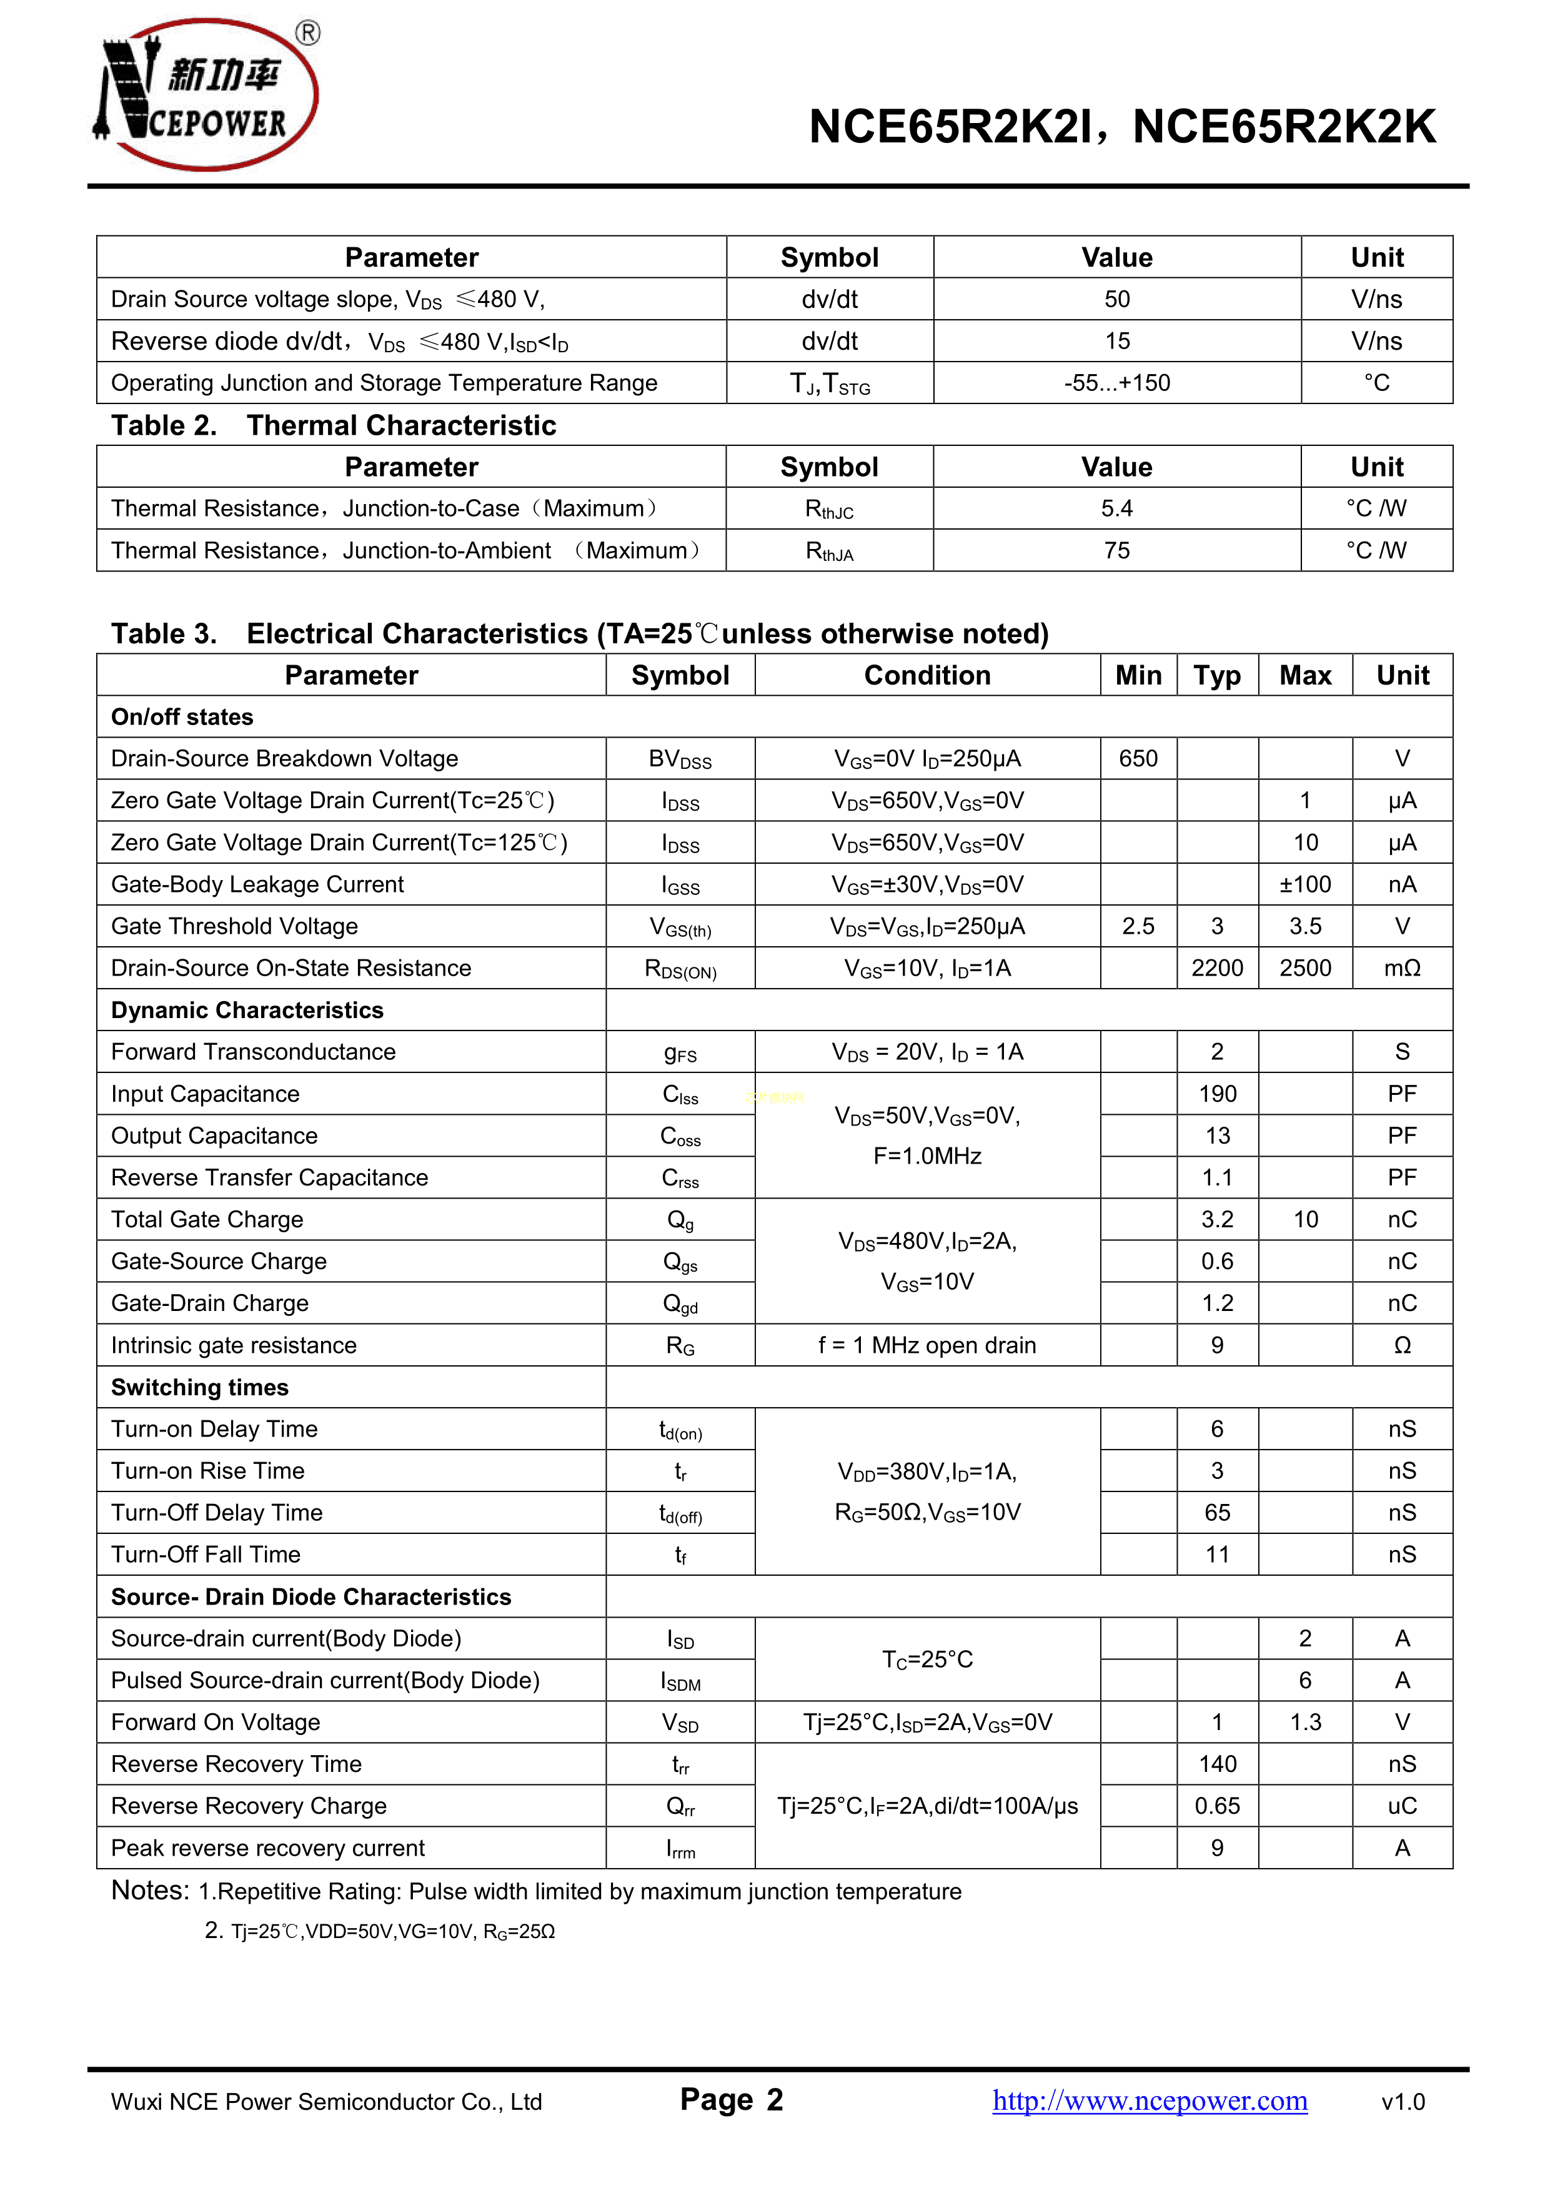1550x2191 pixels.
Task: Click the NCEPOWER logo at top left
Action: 205,94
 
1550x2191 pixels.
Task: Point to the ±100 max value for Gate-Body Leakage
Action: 1304,884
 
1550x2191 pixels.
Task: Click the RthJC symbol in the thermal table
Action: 830,510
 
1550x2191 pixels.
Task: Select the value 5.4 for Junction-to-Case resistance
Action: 1116,508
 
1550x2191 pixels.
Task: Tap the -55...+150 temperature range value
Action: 1116,383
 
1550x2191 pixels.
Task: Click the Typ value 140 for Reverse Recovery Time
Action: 1217,1764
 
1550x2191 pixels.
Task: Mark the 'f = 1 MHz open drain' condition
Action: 927,1345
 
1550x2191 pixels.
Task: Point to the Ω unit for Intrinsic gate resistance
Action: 1402,1345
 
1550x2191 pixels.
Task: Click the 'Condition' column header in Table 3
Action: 927,676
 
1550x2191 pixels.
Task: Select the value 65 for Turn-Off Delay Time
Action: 1217,1513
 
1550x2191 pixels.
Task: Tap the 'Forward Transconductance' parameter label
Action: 253,1052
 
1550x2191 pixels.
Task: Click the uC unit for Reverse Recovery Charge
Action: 1402,1806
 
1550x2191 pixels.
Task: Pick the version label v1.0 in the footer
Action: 1403,2102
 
